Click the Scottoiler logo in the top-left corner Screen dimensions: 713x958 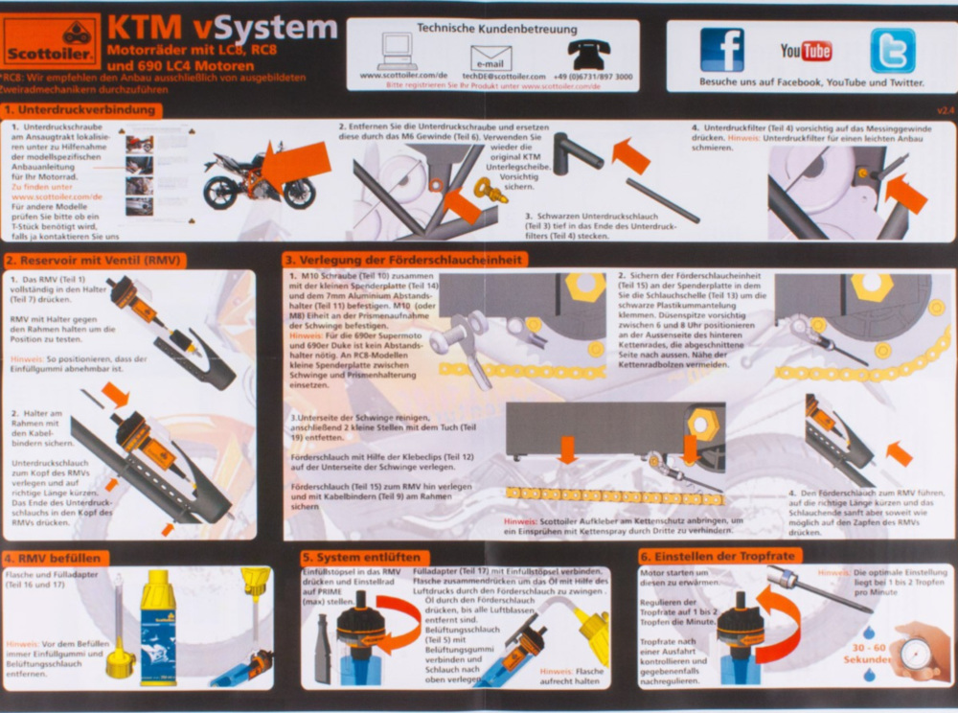tap(51, 41)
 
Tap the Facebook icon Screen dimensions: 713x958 tap(721, 50)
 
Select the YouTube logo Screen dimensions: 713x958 tap(806, 51)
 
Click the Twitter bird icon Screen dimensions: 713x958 tap(892, 50)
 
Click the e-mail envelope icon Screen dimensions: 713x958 tap(490, 57)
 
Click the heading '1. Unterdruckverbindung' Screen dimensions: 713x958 tap(82, 110)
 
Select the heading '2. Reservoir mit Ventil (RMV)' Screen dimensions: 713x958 tap(93, 260)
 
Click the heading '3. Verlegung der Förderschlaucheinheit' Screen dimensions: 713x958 tap(406, 259)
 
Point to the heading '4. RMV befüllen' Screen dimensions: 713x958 tap(57, 558)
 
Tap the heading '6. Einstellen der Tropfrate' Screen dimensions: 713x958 tap(719, 556)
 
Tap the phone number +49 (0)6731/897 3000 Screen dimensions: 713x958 tap(593, 76)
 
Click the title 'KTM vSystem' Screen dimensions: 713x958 tap(221, 27)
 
